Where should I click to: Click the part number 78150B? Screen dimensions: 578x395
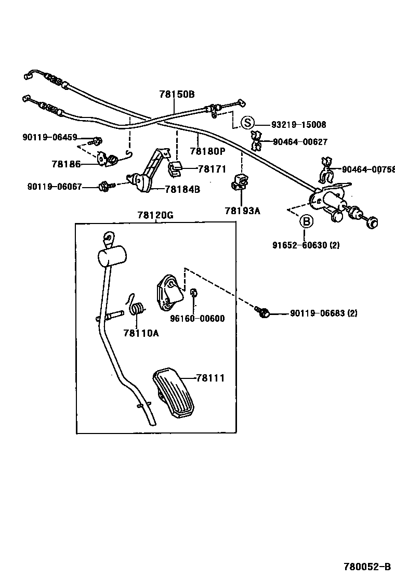click(x=177, y=94)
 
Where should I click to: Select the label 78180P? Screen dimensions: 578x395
click(x=207, y=151)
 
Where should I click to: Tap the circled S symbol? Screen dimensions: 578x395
click(x=248, y=123)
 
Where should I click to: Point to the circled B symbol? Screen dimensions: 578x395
click(x=307, y=222)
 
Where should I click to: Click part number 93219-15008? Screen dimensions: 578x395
click(x=299, y=124)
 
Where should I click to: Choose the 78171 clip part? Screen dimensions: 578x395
click(x=174, y=167)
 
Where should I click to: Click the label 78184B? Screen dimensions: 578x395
click(x=182, y=189)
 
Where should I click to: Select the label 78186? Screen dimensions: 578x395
click(x=66, y=164)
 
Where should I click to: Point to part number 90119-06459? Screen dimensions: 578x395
click(x=49, y=138)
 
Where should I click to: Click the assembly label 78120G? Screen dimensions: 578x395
click(x=155, y=215)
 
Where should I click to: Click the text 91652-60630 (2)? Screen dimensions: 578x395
click(x=306, y=245)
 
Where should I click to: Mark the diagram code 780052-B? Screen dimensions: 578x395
click(x=366, y=567)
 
